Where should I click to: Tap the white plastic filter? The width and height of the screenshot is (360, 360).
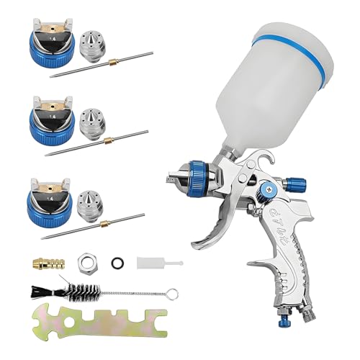148,260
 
